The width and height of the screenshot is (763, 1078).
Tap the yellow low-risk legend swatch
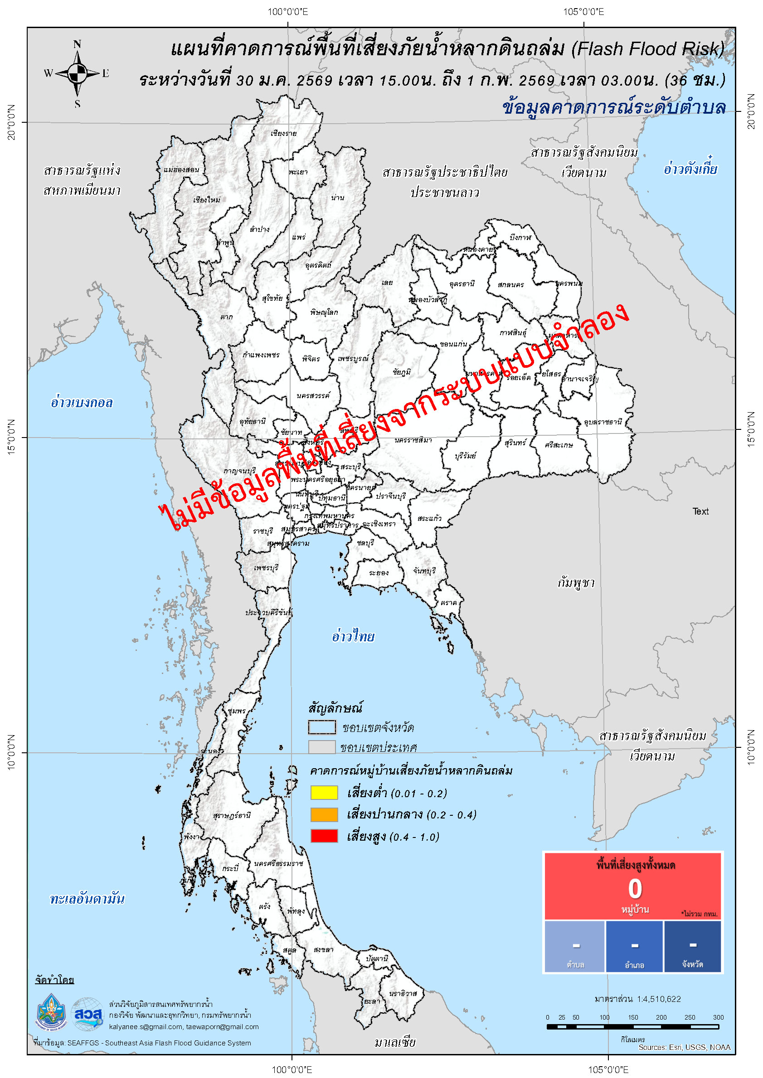[324, 793]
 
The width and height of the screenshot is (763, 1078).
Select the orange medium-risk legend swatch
[324, 814]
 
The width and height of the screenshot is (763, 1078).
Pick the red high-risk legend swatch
[324, 836]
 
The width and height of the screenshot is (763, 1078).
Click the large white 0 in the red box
[635, 889]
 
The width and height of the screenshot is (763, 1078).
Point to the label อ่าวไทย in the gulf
[353, 637]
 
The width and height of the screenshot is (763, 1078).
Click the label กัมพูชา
[576, 582]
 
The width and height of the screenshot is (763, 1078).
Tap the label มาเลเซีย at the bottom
[395, 1042]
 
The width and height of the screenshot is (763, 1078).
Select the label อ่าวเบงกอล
[82, 403]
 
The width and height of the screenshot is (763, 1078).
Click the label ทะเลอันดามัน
[87, 899]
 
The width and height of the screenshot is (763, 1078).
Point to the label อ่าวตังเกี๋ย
[690, 168]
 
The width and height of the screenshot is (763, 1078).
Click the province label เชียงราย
[284, 133]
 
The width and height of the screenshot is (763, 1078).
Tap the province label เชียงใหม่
[207, 200]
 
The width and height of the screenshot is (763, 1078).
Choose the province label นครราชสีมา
[413, 440]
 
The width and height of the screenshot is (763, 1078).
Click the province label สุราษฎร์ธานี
[232, 816]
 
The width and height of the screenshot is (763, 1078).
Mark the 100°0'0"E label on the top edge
[287, 12]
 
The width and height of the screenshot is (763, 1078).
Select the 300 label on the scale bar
[718, 1017]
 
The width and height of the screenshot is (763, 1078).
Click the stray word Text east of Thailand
[700, 511]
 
